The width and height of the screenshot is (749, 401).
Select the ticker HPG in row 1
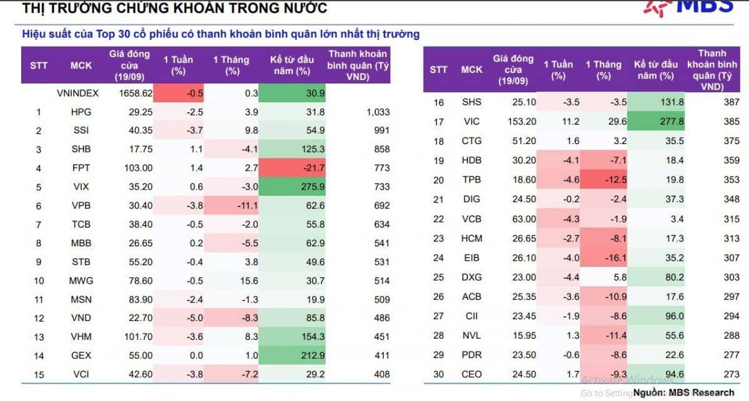(81, 112)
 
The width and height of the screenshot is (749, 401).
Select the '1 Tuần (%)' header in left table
(178, 65)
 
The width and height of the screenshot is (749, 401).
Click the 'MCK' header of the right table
(472, 69)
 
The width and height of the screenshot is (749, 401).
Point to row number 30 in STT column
(438, 374)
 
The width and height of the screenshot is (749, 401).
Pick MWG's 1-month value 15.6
(232, 281)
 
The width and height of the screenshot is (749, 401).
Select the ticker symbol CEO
(472, 374)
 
